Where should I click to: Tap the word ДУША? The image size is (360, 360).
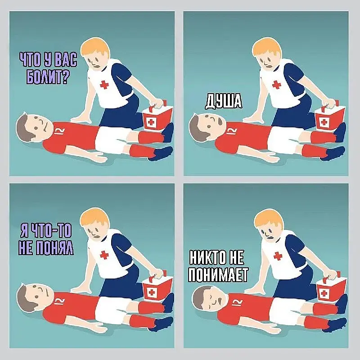[223, 101]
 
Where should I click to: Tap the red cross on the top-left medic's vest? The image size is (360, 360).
[104, 85]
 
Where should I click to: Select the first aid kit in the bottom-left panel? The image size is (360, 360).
[157, 286]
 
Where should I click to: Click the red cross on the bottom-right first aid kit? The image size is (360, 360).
[324, 293]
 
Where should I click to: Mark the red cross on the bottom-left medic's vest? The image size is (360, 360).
[104, 255]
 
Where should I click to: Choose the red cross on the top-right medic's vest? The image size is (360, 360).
[276, 85]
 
